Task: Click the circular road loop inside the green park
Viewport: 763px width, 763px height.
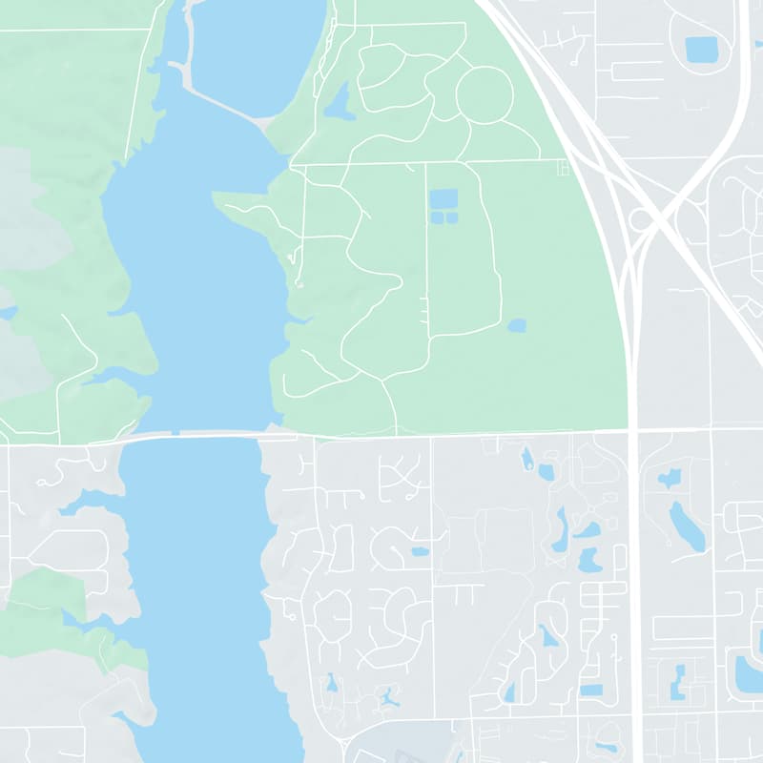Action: click(485, 94)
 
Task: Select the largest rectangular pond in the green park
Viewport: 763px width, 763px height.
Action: click(443, 199)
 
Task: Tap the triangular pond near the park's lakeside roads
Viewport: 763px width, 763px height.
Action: click(340, 101)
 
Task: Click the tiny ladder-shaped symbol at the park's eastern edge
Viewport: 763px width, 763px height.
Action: click(562, 169)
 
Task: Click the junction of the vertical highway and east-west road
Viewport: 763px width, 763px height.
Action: click(634, 431)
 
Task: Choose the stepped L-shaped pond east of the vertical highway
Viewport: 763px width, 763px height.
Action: click(677, 681)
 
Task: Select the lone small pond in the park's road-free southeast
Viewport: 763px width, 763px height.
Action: click(516, 325)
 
